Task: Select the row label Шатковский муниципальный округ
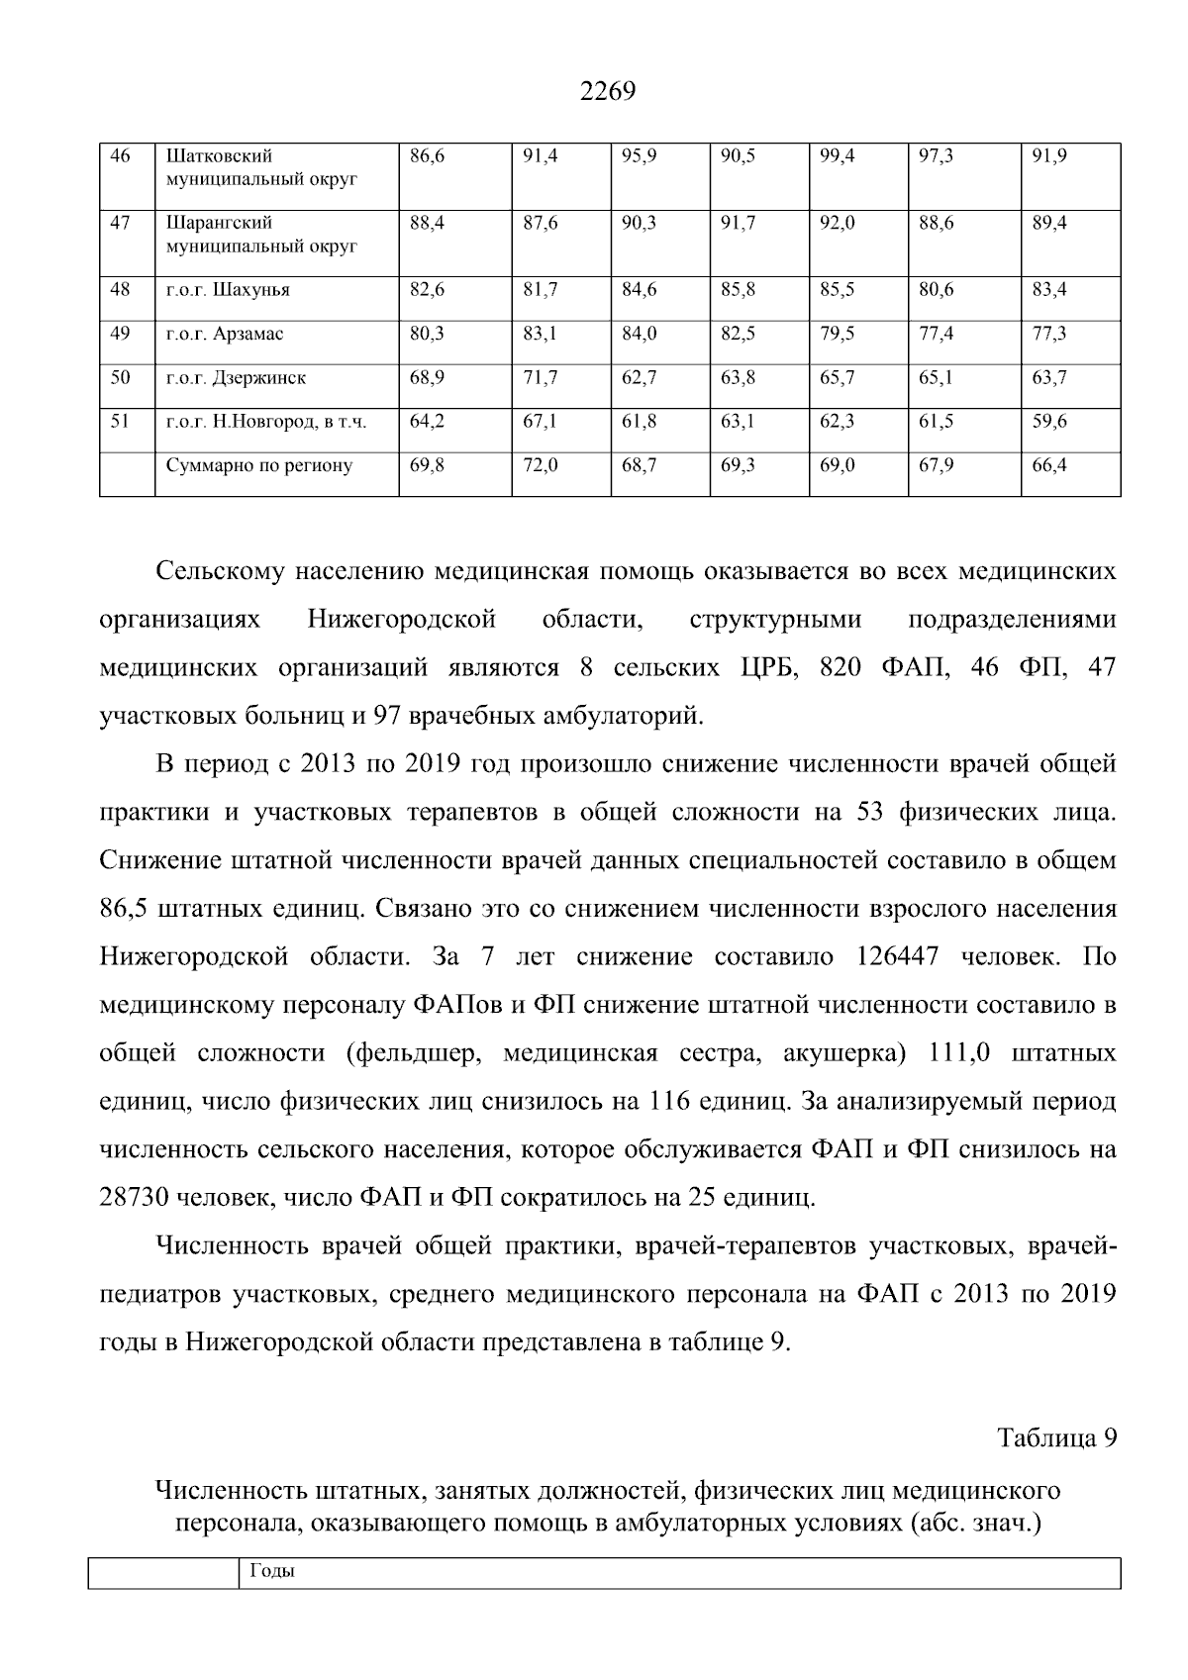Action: point(261,168)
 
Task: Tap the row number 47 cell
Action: point(120,224)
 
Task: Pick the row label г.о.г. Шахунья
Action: point(228,291)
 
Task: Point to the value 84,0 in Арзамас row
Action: point(639,335)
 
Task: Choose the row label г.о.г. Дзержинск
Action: point(236,378)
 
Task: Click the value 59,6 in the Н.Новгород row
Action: point(1049,422)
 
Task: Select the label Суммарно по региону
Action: point(259,465)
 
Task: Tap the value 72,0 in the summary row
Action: point(541,465)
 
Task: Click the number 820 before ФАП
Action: point(841,668)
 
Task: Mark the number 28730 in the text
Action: point(134,1198)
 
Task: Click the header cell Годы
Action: point(273,1572)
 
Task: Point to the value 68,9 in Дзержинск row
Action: point(427,378)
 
